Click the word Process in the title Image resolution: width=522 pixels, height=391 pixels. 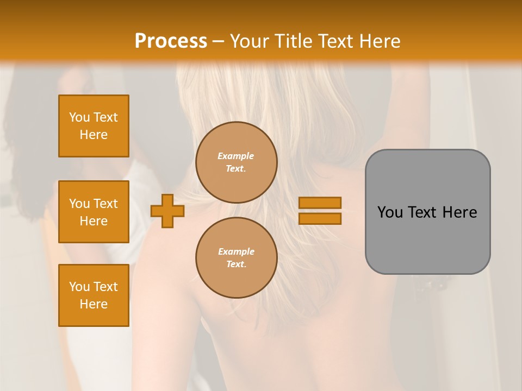[171, 41]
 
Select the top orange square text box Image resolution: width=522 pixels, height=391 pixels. [94, 126]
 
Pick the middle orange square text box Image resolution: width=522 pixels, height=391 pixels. [94, 212]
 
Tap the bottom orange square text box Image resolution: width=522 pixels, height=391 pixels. [94, 295]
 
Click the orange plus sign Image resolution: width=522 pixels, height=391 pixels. [167, 211]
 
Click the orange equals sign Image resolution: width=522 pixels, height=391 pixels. [320, 211]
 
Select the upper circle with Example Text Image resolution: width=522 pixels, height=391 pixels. [236, 162]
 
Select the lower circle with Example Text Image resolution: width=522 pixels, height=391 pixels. [236, 258]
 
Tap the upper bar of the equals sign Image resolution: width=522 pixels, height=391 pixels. [320, 203]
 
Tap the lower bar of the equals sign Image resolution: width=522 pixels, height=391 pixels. [320, 219]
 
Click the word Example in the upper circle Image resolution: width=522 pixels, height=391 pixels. [236, 156]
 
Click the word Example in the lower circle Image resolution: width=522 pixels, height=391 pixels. [236, 251]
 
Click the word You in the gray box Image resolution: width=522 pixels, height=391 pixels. [390, 212]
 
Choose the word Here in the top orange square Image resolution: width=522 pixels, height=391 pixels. [94, 135]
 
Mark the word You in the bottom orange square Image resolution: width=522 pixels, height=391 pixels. [79, 287]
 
